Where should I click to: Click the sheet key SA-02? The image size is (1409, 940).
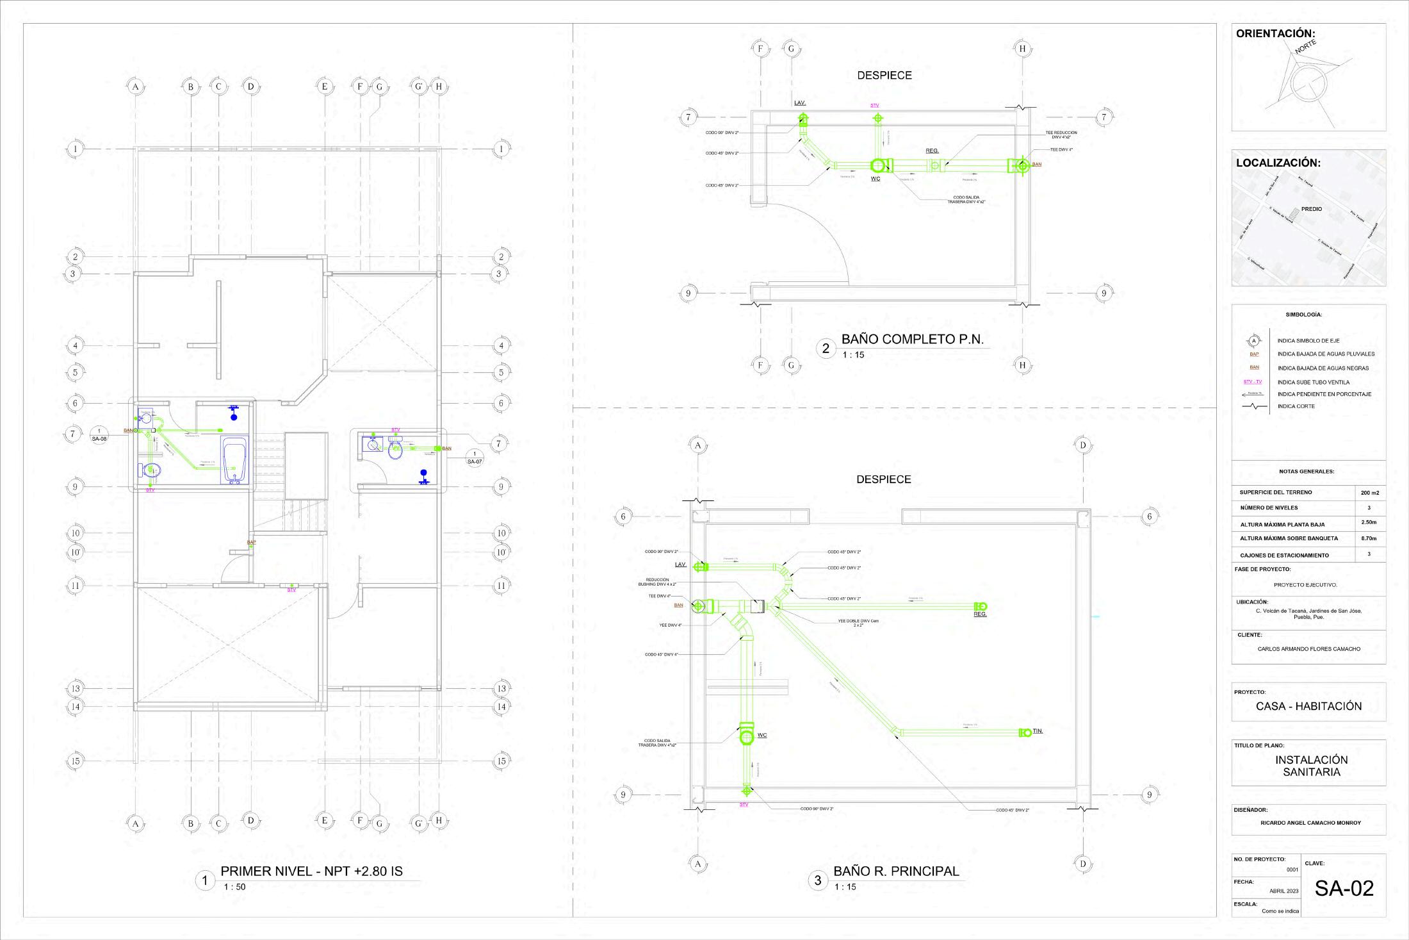[1344, 888]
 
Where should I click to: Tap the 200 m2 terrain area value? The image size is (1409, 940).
[1369, 493]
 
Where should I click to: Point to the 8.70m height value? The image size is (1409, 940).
[1369, 538]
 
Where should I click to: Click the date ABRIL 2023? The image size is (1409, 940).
[1283, 891]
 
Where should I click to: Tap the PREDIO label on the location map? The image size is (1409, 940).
[1311, 209]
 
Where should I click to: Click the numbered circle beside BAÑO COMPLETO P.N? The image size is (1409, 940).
[826, 349]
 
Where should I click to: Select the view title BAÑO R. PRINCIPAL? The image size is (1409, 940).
[896, 871]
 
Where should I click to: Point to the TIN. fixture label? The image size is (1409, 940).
[1038, 731]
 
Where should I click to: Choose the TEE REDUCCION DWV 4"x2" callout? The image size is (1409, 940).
[1061, 135]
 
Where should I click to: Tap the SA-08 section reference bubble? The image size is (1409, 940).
[99, 436]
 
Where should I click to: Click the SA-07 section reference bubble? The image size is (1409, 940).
[474, 458]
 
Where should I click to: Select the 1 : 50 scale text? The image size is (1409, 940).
[234, 887]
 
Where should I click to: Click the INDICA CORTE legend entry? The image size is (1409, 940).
[1296, 406]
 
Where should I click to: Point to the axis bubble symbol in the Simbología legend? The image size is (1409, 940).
[1255, 340]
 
